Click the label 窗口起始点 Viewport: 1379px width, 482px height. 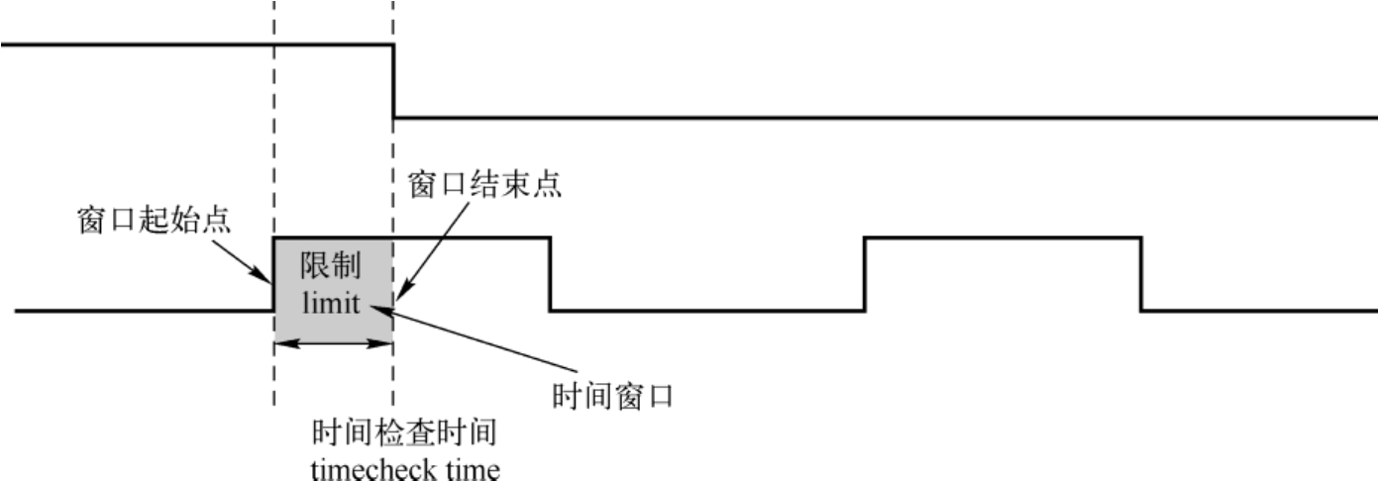(154, 220)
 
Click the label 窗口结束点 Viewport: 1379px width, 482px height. (485, 184)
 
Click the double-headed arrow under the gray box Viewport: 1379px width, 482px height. (333, 343)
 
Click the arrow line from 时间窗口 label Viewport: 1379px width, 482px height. (476, 342)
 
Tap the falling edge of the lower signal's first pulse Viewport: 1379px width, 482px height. (550, 274)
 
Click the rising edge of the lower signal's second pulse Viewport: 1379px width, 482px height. (866, 274)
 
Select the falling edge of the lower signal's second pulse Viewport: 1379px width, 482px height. (1141, 274)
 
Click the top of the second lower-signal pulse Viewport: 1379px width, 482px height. (1003, 238)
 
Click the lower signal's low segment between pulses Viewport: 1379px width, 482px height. (707, 311)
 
